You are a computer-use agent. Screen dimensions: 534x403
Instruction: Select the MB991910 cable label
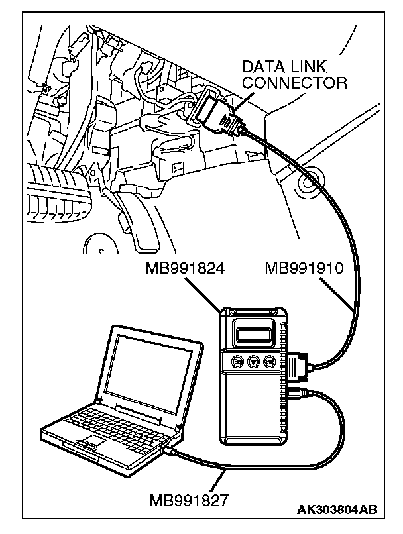[303, 270]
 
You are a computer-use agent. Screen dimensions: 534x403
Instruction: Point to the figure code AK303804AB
[339, 509]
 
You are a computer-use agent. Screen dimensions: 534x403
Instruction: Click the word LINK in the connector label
[308, 67]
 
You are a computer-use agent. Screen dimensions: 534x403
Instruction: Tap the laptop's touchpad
[93, 441]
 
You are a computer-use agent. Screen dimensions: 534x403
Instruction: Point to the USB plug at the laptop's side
[171, 451]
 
